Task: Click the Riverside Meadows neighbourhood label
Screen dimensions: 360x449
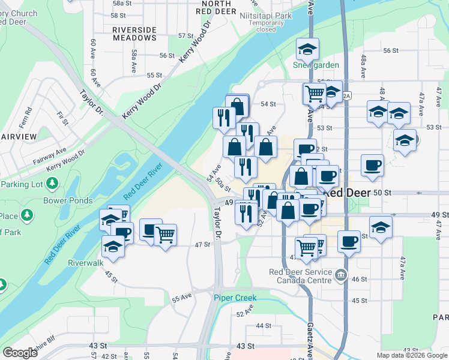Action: coord(134,34)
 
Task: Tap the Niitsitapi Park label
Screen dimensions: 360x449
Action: coord(265,14)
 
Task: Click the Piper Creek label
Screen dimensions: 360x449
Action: coord(235,298)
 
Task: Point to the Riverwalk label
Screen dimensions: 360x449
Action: coord(86,262)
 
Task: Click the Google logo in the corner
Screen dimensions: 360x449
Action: coord(20,353)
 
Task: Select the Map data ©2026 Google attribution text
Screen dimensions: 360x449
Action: coord(412,355)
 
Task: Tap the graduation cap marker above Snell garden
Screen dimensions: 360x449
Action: coord(308,49)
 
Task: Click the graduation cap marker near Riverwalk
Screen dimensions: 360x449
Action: coord(113,245)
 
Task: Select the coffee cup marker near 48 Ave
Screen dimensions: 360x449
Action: coord(372,165)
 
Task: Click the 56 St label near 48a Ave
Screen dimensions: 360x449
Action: coord(391,50)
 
